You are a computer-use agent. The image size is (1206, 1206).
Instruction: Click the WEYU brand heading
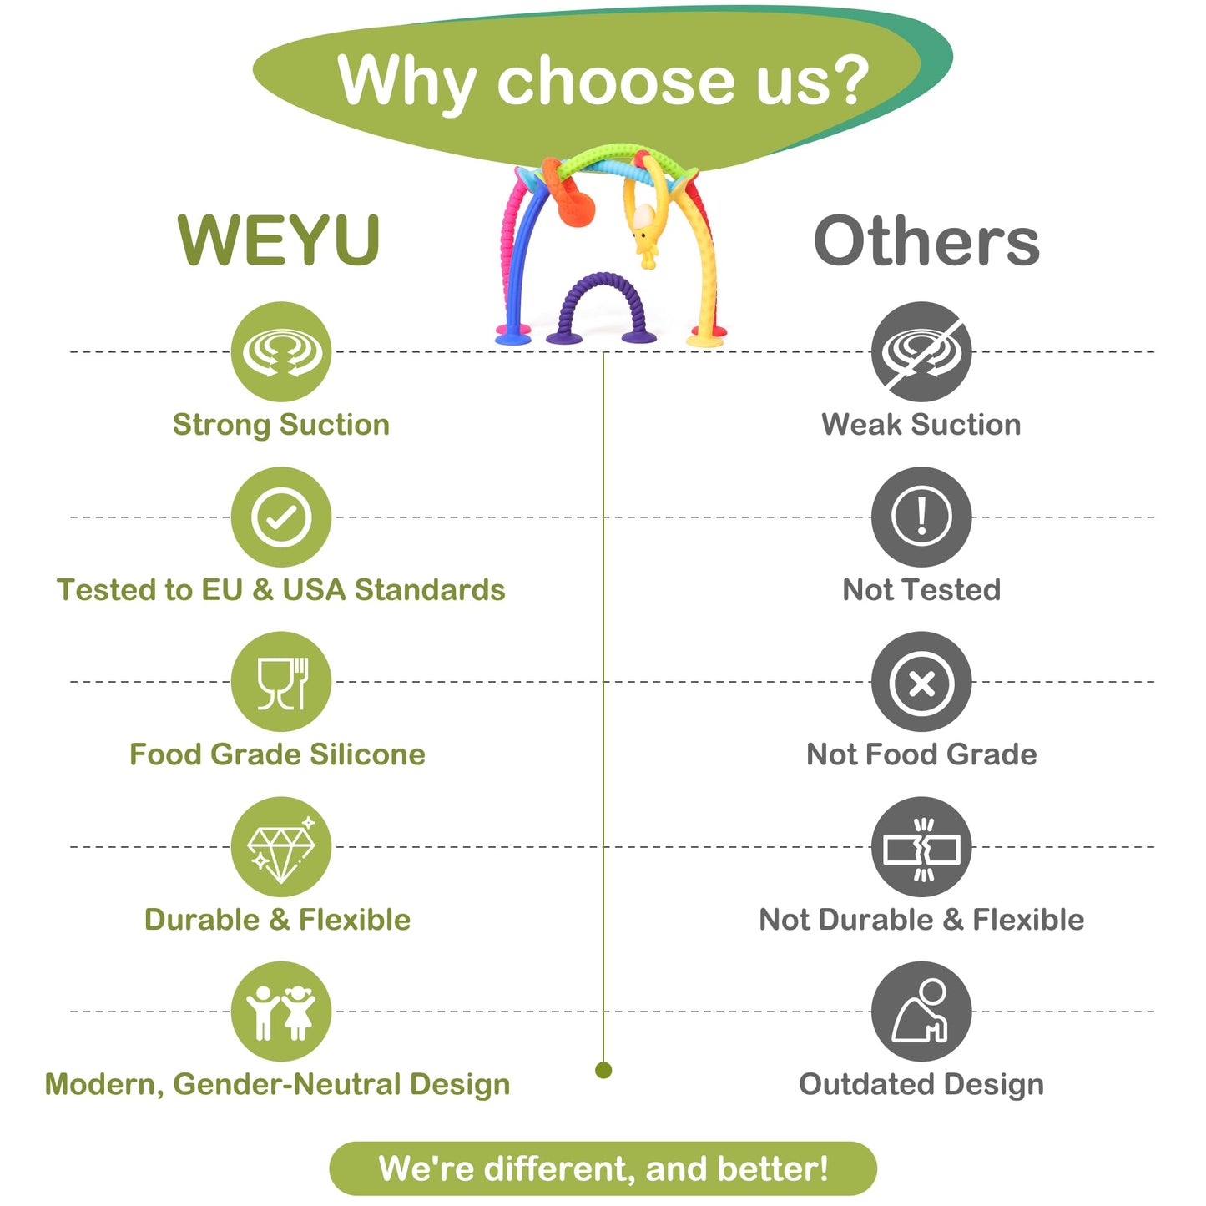click(x=279, y=240)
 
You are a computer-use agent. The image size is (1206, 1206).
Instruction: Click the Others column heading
click(x=926, y=241)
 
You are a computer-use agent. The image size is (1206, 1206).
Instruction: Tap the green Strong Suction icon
click(x=281, y=351)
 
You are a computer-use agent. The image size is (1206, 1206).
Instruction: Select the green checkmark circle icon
click(x=281, y=517)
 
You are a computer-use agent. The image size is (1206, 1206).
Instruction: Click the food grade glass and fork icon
click(x=281, y=682)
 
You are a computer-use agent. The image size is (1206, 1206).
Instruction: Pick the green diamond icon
click(x=281, y=847)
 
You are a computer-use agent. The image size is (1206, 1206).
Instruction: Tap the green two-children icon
click(x=281, y=1012)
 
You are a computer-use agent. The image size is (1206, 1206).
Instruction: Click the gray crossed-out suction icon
click(x=921, y=351)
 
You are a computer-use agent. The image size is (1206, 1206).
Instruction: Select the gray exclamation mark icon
click(x=921, y=517)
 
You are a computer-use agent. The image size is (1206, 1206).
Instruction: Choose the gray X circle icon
click(x=921, y=682)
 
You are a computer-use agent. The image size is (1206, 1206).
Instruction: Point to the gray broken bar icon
click(x=921, y=847)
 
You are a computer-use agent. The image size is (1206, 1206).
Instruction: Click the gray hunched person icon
click(x=921, y=1012)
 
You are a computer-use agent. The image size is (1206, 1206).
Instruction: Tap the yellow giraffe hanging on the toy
click(x=643, y=231)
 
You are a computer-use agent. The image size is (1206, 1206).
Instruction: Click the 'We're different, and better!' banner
click(x=603, y=1168)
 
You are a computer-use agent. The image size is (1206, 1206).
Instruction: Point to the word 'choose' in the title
click(x=614, y=81)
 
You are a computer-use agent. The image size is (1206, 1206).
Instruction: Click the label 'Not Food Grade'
click(x=921, y=754)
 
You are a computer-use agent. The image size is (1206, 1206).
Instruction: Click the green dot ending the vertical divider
click(x=603, y=1070)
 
